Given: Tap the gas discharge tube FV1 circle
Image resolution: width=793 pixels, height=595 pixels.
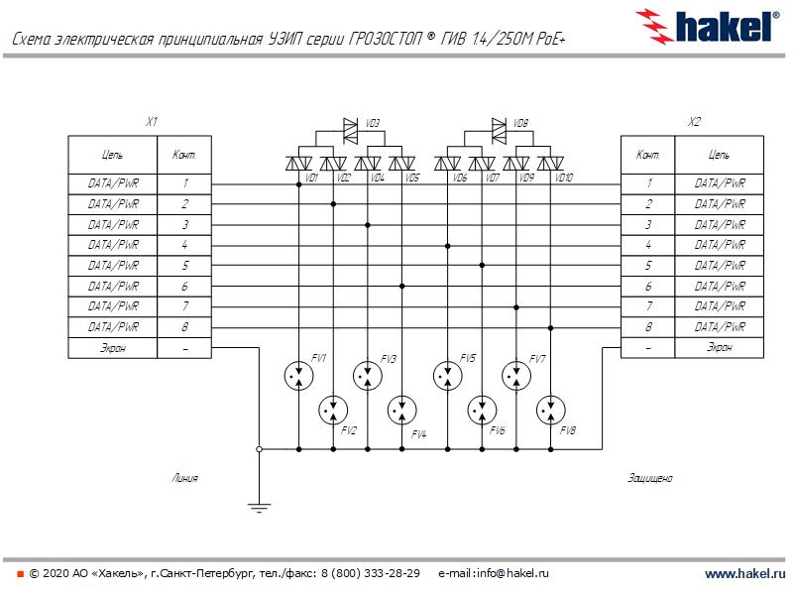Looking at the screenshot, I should tap(297, 374).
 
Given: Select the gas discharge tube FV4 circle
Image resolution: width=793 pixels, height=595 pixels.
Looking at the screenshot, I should tap(401, 409).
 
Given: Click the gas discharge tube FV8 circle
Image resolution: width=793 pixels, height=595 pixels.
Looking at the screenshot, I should tap(550, 409).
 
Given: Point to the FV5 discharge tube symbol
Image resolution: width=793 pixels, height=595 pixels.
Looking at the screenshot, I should tap(448, 374).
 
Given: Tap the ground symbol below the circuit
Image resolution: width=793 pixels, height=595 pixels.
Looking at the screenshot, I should tap(259, 508).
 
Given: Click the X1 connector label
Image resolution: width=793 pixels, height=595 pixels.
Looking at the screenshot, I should tap(152, 122).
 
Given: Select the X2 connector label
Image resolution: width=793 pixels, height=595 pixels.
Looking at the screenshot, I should tap(694, 122).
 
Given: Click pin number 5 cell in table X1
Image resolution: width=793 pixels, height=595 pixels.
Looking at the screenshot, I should tap(184, 266).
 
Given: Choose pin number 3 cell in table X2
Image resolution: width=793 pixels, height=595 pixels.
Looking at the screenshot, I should tap(648, 225).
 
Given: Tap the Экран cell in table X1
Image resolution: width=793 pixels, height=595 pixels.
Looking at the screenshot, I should tap(113, 348).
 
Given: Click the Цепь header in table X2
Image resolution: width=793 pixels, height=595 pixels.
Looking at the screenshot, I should tap(720, 155).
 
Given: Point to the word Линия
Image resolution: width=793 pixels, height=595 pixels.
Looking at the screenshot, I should tap(184, 478).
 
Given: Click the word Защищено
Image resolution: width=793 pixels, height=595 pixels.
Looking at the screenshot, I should tap(650, 478).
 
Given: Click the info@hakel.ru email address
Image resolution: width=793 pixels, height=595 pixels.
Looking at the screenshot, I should tap(507, 574).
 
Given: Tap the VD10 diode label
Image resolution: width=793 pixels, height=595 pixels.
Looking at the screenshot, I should tap(564, 178).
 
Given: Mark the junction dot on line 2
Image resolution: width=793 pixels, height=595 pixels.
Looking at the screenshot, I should tap(333, 204).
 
